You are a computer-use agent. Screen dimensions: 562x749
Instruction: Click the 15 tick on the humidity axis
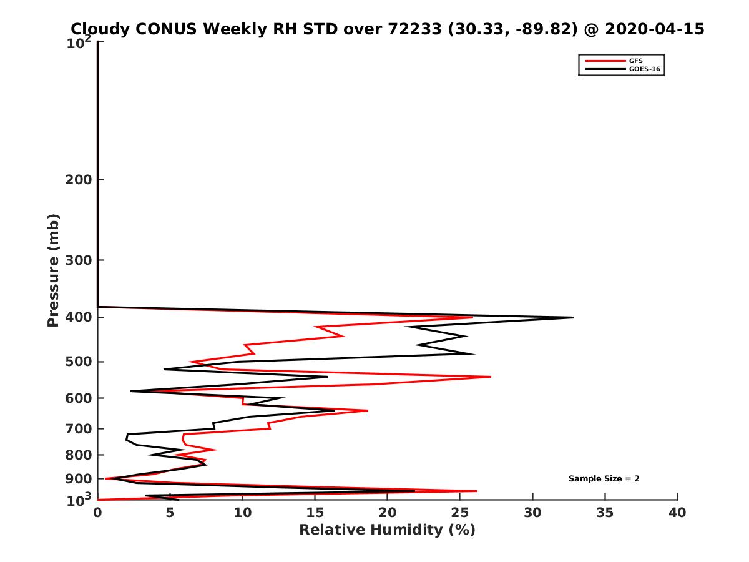(315, 513)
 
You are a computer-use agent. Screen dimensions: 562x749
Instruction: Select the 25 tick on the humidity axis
(459, 513)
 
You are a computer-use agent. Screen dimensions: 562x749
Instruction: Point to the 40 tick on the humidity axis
(677, 513)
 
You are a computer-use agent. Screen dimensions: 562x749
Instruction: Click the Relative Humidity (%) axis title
(387, 530)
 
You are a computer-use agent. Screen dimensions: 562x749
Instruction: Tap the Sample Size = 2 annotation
(604, 479)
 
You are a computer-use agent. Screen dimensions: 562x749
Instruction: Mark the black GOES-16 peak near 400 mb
(572, 317)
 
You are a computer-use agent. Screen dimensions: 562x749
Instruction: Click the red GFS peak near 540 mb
(491, 377)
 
